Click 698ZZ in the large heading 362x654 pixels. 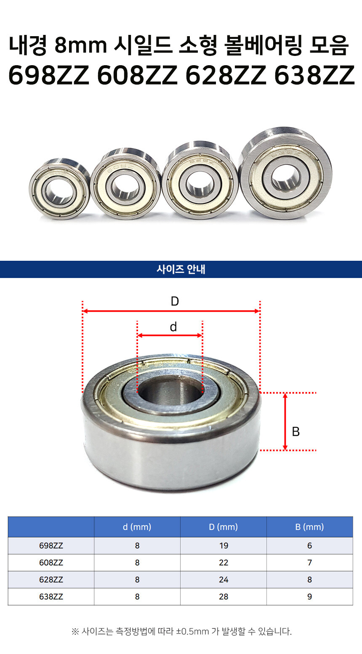click(49, 75)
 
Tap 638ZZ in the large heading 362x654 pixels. click(314, 75)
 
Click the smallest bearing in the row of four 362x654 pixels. click(59, 189)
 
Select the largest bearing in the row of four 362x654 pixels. click(285, 173)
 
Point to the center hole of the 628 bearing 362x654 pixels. click(200, 183)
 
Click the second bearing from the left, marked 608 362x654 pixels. click(125, 183)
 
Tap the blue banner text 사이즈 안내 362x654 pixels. click(181, 269)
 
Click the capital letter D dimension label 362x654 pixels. click(175, 301)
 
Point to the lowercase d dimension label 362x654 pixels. click(173, 327)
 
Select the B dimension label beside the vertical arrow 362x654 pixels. click(296, 432)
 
